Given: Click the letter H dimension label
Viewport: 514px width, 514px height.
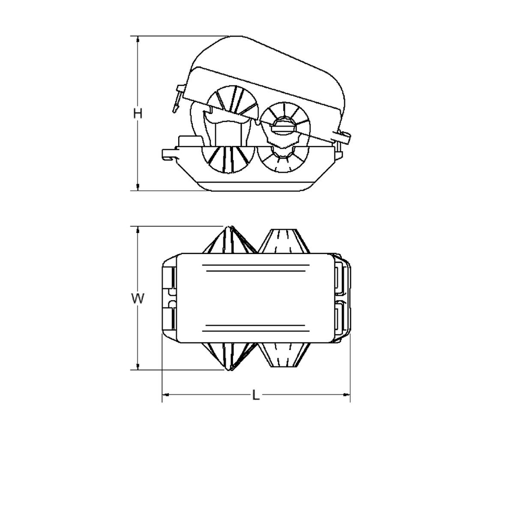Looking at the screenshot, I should tap(138, 113).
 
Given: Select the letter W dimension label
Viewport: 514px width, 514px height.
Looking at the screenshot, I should tap(138, 299).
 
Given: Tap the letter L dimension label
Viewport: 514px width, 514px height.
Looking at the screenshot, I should tap(256, 396).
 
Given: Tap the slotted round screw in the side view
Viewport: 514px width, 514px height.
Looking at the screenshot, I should tap(283, 127).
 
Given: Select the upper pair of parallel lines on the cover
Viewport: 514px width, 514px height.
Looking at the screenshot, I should tap(256, 269).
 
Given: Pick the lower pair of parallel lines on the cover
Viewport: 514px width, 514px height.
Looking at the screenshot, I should tap(256, 328).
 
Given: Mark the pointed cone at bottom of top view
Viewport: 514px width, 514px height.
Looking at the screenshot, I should tap(230, 356).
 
